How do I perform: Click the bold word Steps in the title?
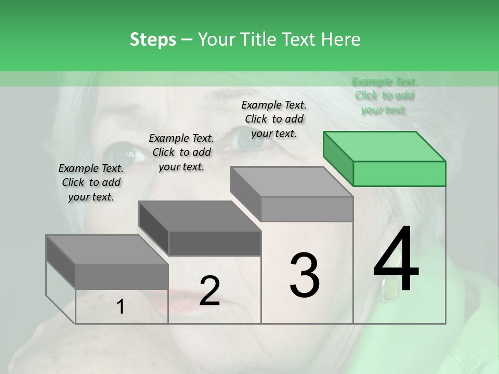[x=153, y=39]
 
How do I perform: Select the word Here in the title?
[x=340, y=39]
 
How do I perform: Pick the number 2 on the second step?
[x=209, y=291]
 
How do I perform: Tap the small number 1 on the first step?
[x=121, y=308]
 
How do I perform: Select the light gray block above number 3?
[x=292, y=193]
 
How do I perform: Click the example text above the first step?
[x=91, y=182]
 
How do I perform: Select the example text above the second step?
[x=181, y=152]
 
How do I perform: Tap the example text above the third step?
[x=274, y=119]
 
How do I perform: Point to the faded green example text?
[x=385, y=96]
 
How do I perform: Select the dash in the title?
[x=187, y=39]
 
